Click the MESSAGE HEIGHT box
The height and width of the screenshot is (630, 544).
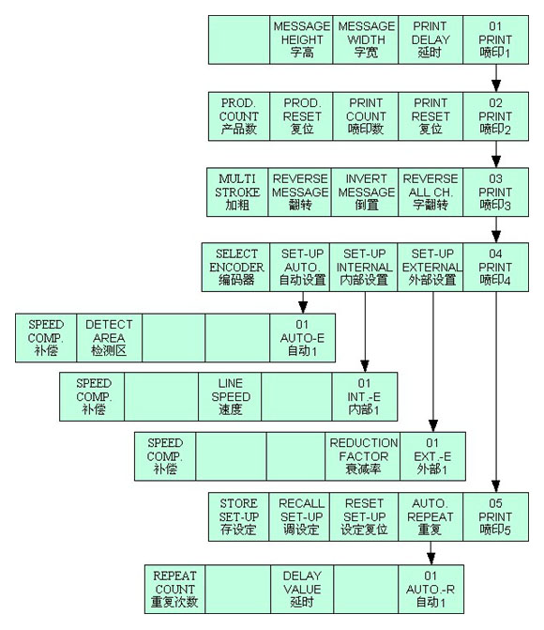[x=301, y=39]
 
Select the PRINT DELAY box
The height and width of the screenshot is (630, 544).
[x=431, y=39]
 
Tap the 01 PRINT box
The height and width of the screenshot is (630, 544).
[x=496, y=39]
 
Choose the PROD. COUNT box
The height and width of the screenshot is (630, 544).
[x=239, y=116]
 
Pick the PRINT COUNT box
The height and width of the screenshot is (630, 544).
[x=366, y=116]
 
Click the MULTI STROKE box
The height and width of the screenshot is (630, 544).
[x=237, y=192]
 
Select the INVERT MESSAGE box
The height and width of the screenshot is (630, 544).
[x=365, y=192]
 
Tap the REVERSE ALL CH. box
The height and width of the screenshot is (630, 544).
[x=431, y=192]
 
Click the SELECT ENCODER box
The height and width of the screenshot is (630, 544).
[x=236, y=268]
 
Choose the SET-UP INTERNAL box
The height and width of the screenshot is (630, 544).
[x=364, y=268]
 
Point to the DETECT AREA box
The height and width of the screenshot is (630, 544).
[x=109, y=338]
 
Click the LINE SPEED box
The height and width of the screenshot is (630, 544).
[x=230, y=396]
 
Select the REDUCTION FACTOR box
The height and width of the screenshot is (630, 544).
[x=363, y=456]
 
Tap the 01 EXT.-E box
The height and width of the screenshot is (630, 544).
[x=432, y=456]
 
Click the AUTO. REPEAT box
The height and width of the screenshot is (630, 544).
[x=431, y=516]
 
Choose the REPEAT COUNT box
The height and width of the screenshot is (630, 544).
[x=175, y=589]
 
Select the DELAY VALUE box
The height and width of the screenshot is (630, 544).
[x=302, y=589]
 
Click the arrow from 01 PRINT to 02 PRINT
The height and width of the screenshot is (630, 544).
[x=496, y=78]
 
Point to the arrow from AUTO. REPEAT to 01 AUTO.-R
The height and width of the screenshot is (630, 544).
[x=431, y=553]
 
